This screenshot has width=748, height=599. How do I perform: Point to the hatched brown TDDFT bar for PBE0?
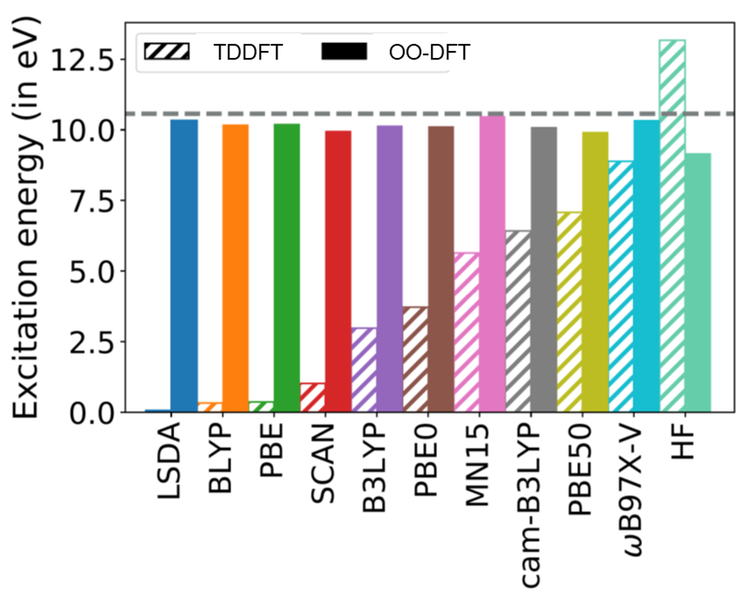click(415, 360)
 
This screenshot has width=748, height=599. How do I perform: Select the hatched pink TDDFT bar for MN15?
click(467, 332)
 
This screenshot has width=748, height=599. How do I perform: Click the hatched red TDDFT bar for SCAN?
click(313, 397)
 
